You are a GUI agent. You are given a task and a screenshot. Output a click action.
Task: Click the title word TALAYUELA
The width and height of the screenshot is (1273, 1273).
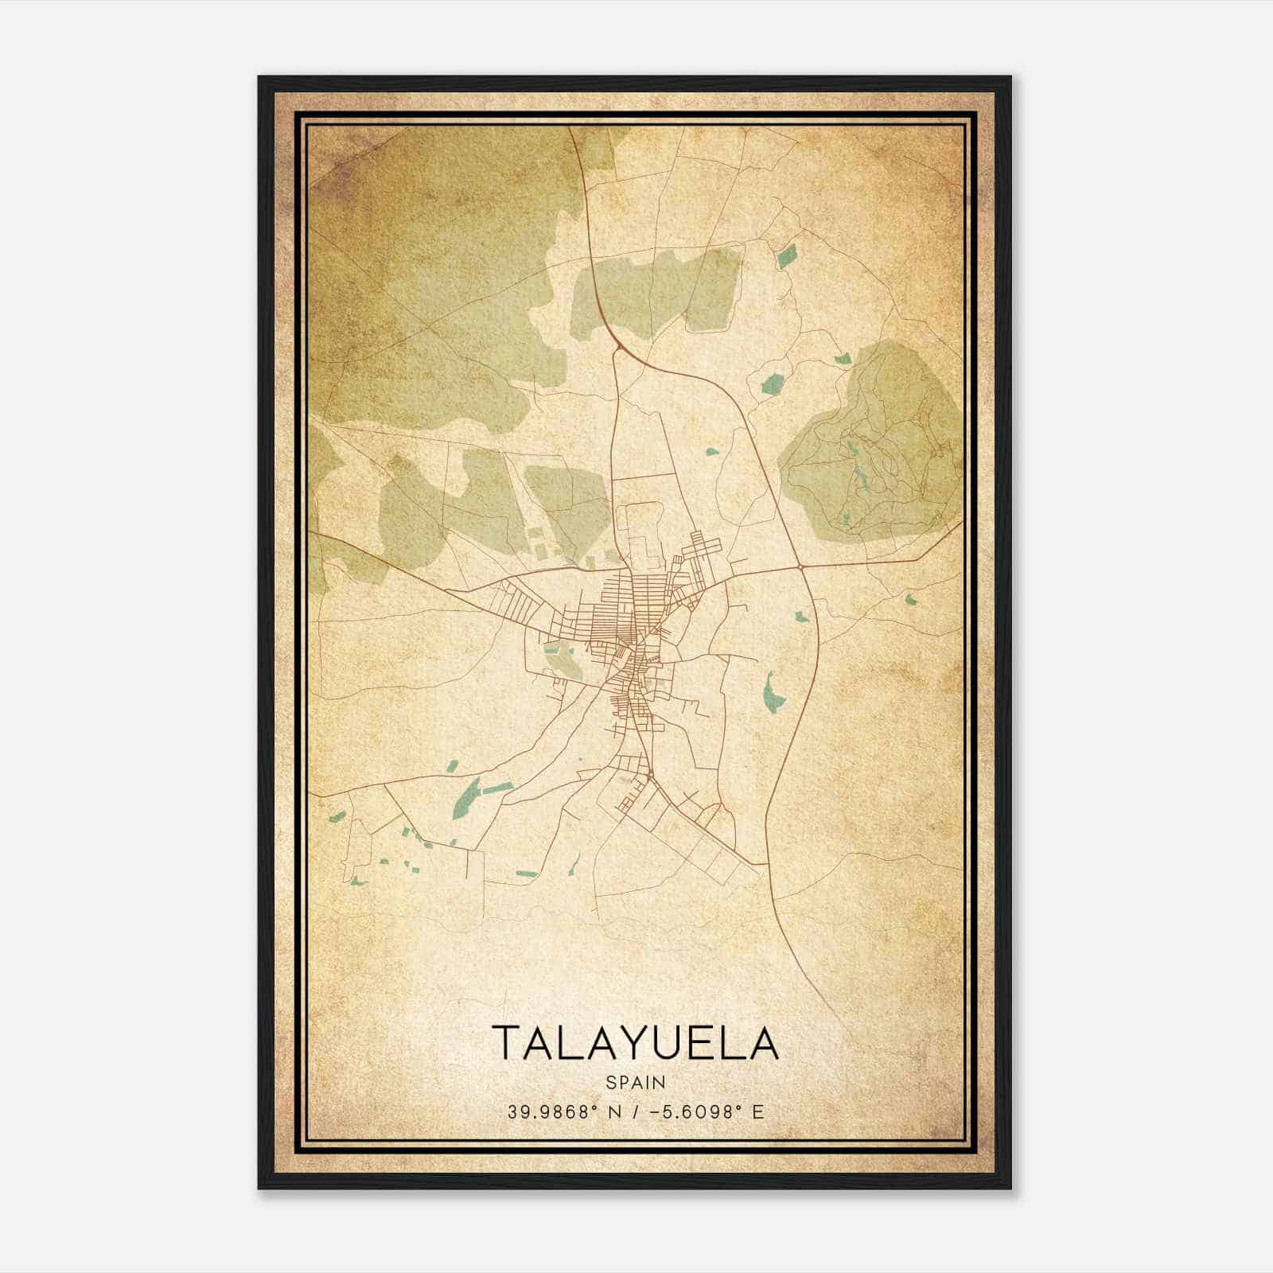635,1042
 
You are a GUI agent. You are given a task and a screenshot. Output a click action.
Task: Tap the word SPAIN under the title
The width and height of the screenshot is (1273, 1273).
635,1082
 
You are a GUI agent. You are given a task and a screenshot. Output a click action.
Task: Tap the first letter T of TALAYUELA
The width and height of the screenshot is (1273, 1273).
506,1042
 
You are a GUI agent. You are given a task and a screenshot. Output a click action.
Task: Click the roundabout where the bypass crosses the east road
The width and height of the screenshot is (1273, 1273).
799,566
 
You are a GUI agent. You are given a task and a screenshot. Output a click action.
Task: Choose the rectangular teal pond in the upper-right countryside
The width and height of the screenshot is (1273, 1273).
787,256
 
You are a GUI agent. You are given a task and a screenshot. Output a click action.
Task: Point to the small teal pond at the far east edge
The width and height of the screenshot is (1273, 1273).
912,600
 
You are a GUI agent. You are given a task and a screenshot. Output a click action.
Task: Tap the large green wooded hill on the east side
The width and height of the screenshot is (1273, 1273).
875,446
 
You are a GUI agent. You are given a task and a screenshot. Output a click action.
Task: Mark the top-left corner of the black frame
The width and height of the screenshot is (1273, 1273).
259,77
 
